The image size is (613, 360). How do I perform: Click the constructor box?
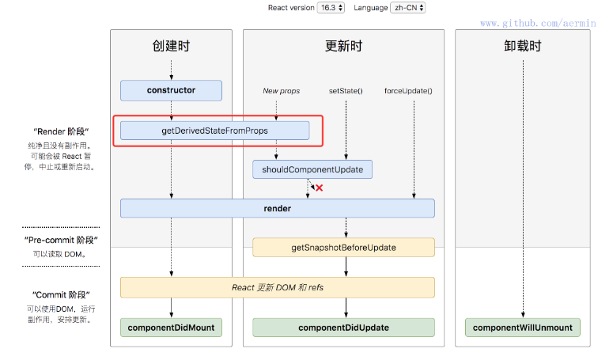point(171,90)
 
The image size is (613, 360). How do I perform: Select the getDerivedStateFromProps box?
point(214,130)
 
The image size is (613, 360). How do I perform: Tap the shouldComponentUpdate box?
point(312,169)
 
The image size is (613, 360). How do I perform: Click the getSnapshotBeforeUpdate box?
point(343,248)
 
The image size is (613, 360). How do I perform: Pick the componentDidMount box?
point(171,327)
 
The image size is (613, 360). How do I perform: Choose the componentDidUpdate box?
point(343,327)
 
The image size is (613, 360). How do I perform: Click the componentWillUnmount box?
point(523,327)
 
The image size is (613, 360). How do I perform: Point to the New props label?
point(282,91)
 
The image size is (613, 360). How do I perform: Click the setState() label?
point(346,91)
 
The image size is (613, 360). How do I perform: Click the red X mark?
point(320,188)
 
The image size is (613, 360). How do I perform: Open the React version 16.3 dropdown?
point(331,8)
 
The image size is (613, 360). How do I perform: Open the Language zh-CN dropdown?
point(408,8)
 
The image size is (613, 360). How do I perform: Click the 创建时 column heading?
point(171,46)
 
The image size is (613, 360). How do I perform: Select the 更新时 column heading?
point(343,46)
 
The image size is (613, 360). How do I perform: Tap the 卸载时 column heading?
point(523,46)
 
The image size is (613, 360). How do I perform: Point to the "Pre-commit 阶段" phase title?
point(61,240)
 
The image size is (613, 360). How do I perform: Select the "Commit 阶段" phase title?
point(61,294)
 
